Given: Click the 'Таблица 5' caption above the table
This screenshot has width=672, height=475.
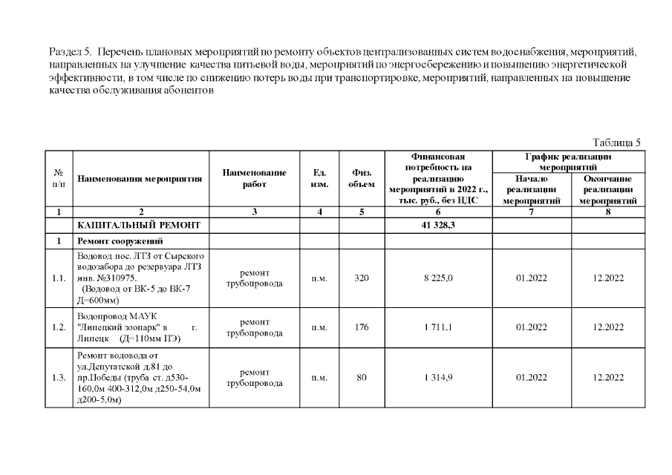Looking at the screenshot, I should [x=616, y=142].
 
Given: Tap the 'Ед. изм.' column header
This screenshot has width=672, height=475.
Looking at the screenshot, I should [x=319, y=178].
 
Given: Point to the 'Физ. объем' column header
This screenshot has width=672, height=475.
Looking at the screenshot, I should [x=362, y=178].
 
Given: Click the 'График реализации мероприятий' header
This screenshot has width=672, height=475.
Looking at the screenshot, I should [x=568, y=162].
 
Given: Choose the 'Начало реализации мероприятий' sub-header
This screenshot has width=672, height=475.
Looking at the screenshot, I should [x=531, y=190].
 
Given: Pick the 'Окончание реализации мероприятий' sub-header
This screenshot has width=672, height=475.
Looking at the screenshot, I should [x=607, y=190].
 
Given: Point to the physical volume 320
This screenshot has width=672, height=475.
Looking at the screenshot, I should [x=362, y=278].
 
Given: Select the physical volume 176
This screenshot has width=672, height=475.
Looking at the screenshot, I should [x=362, y=327].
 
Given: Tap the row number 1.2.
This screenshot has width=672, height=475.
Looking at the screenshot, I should [x=59, y=327].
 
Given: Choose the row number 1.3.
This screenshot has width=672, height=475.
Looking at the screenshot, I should [x=59, y=378].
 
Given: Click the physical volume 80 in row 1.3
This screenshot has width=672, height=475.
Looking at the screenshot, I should [x=362, y=378].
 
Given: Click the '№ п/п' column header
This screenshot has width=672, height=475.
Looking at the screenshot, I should [x=59, y=179].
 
